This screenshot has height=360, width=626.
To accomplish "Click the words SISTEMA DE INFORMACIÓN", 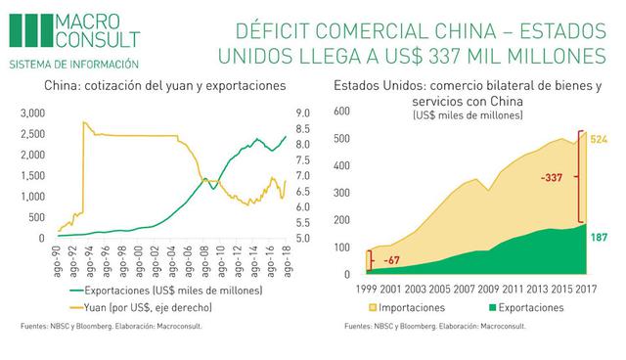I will [73, 64].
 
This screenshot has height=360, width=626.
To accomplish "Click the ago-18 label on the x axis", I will [285, 259].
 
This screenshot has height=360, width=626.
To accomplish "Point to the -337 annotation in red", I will [553, 179].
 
